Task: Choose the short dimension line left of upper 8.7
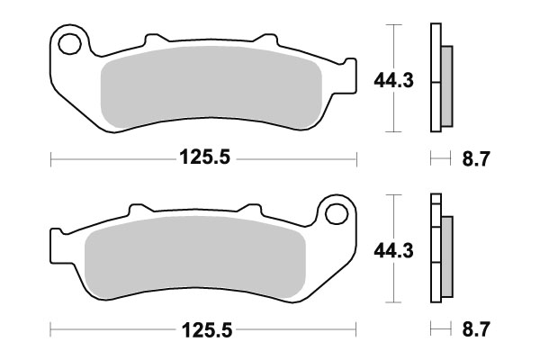tap(439, 158)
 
